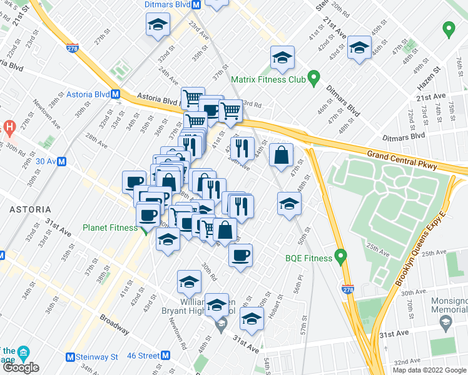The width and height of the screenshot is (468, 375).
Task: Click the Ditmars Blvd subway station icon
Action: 196,4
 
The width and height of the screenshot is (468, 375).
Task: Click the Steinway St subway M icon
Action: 71,357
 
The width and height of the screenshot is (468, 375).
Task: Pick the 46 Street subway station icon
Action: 165,355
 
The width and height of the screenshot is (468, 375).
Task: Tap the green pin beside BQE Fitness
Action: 340,255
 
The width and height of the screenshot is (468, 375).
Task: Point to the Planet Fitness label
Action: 110,227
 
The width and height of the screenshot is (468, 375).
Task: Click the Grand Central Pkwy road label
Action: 402,159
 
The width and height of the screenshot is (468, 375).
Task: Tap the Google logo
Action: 20,367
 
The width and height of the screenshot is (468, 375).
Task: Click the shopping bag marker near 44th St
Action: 282,154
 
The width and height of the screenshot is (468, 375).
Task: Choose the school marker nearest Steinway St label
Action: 359,49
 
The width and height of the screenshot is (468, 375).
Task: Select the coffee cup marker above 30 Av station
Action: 133,181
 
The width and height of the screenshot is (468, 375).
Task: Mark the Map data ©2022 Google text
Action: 429,370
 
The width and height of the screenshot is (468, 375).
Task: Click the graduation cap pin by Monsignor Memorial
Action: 445,322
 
